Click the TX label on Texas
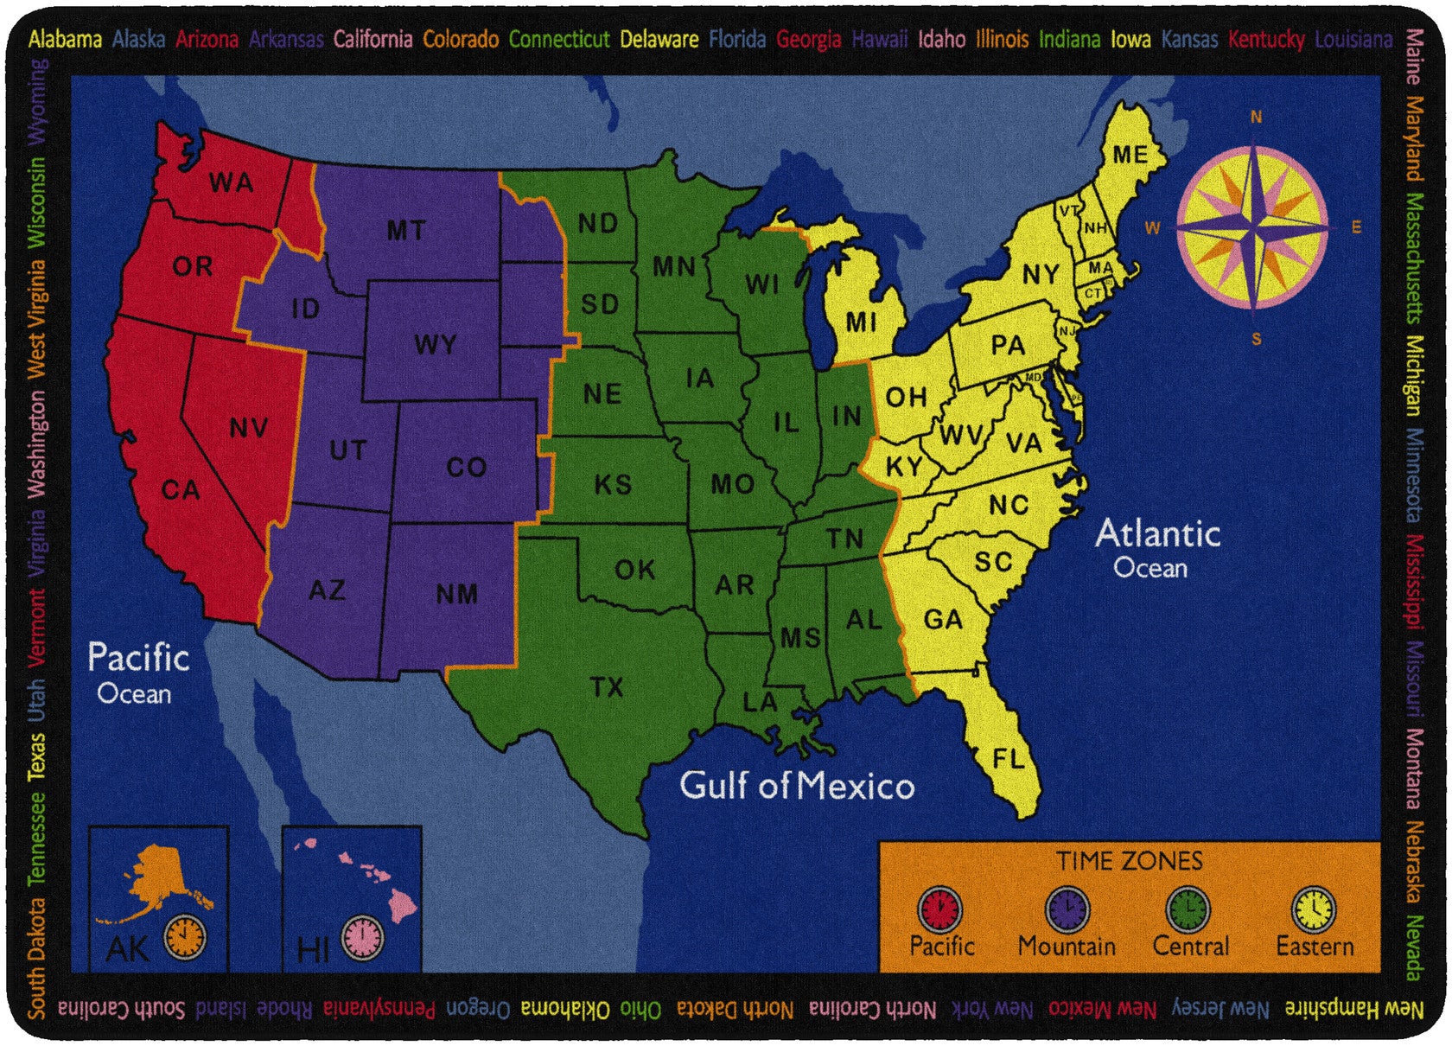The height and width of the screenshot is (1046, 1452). click(607, 687)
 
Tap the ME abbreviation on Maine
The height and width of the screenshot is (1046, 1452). click(1130, 155)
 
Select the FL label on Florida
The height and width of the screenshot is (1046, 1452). click(1009, 759)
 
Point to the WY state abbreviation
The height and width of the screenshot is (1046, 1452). click(435, 344)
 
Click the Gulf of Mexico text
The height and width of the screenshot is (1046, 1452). click(797, 786)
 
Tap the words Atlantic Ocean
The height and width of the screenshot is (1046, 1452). click(1156, 548)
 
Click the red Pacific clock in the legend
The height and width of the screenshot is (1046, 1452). click(939, 909)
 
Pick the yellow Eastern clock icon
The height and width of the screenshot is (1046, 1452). click(1314, 909)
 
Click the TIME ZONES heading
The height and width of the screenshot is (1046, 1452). click(1129, 861)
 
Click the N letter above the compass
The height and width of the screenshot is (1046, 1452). click(1256, 118)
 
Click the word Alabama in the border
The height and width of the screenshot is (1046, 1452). click(65, 39)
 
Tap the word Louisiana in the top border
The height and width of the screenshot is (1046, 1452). click(1353, 39)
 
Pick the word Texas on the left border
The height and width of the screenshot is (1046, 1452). click(35, 757)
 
